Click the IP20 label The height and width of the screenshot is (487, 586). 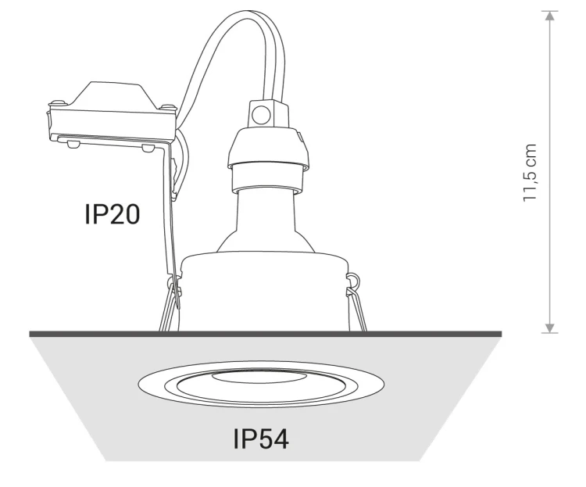(112, 214)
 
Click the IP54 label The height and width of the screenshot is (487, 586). (261, 439)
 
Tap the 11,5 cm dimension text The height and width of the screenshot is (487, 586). (530, 173)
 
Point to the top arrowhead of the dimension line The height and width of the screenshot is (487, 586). (549, 16)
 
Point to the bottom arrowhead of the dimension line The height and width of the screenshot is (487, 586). (549, 328)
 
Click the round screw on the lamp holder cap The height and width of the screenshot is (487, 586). (261, 114)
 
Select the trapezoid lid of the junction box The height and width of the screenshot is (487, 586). (112, 95)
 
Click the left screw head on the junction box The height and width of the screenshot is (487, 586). (56, 102)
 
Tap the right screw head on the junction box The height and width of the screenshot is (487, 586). (169, 107)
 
